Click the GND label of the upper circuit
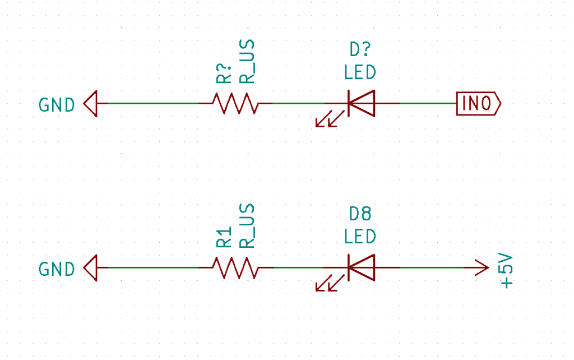tap(57, 105)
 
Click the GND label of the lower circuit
tap(57, 270)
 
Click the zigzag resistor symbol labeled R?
tap(236, 104)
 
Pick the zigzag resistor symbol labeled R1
tap(236, 267)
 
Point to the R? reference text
tap(224, 73)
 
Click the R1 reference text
tap(224, 237)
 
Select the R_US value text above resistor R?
tap(247, 62)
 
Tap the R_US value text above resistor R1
tap(247, 226)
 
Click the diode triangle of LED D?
tap(362, 104)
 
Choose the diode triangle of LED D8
tap(362, 267)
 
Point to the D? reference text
tap(360, 49)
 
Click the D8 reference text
tap(360, 214)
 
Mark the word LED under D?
tap(360, 72)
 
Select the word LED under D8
tap(360, 237)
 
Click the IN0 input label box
tap(479, 104)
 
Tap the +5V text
tap(506, 271)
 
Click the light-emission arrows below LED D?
tap(330, 119)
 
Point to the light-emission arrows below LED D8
tap(330, 283)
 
